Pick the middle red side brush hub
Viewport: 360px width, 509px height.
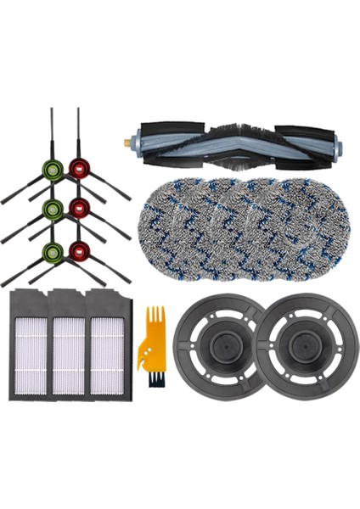point(79,208)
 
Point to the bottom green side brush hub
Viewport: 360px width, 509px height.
point(53,250)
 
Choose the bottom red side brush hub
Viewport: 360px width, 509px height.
point(79,250)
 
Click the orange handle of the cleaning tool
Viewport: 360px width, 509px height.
point(152,335)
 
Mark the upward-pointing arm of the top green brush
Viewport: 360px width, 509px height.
point(52,131)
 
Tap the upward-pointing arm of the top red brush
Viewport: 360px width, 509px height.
point(78,131)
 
